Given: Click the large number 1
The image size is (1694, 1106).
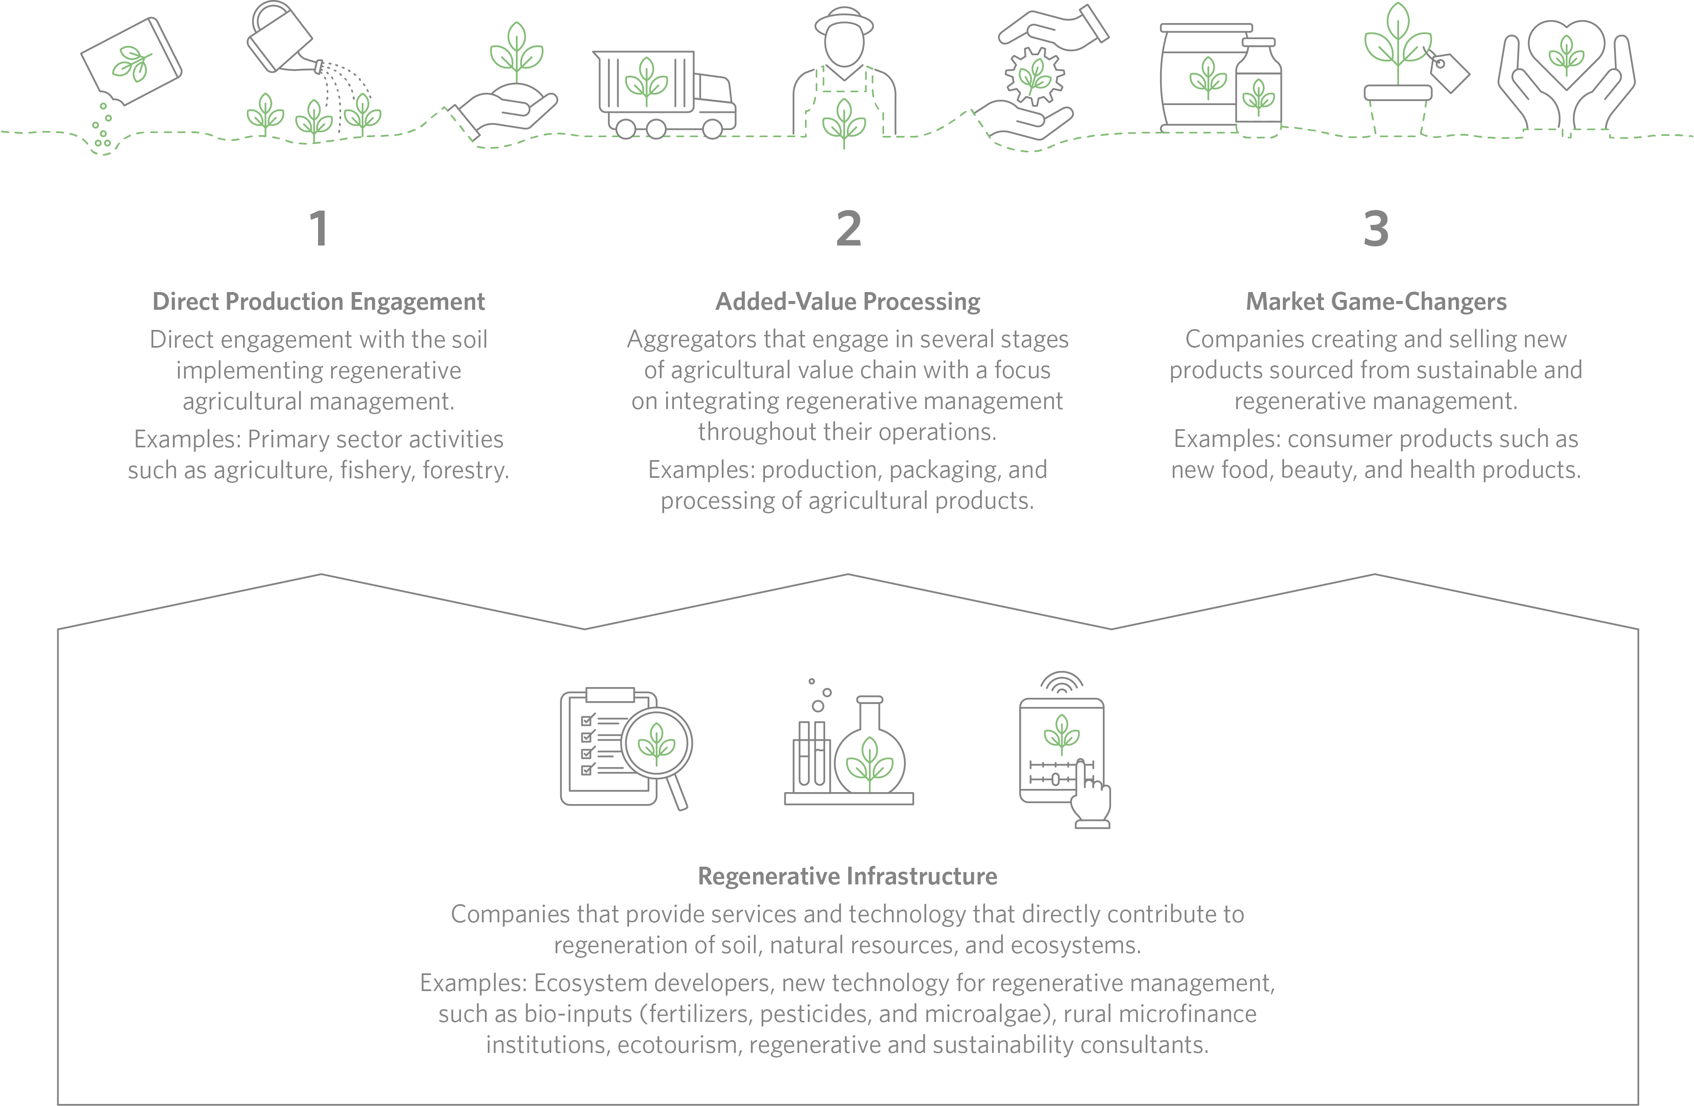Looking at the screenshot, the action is coord(319,229).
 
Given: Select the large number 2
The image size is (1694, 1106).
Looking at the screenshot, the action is coord(848,229).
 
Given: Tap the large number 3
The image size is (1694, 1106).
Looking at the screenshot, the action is coord(1376,229).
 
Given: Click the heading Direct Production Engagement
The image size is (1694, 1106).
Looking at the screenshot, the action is coord(319,302).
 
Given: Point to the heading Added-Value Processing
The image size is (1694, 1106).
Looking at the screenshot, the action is coord(848,302).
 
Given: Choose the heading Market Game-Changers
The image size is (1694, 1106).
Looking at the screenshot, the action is coord(1376,302).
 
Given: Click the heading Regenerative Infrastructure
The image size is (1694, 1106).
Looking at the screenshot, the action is coord(848,876).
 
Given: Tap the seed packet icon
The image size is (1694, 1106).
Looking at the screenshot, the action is coord(132,62).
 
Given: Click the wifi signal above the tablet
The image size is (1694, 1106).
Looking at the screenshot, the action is coord(1061,681).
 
